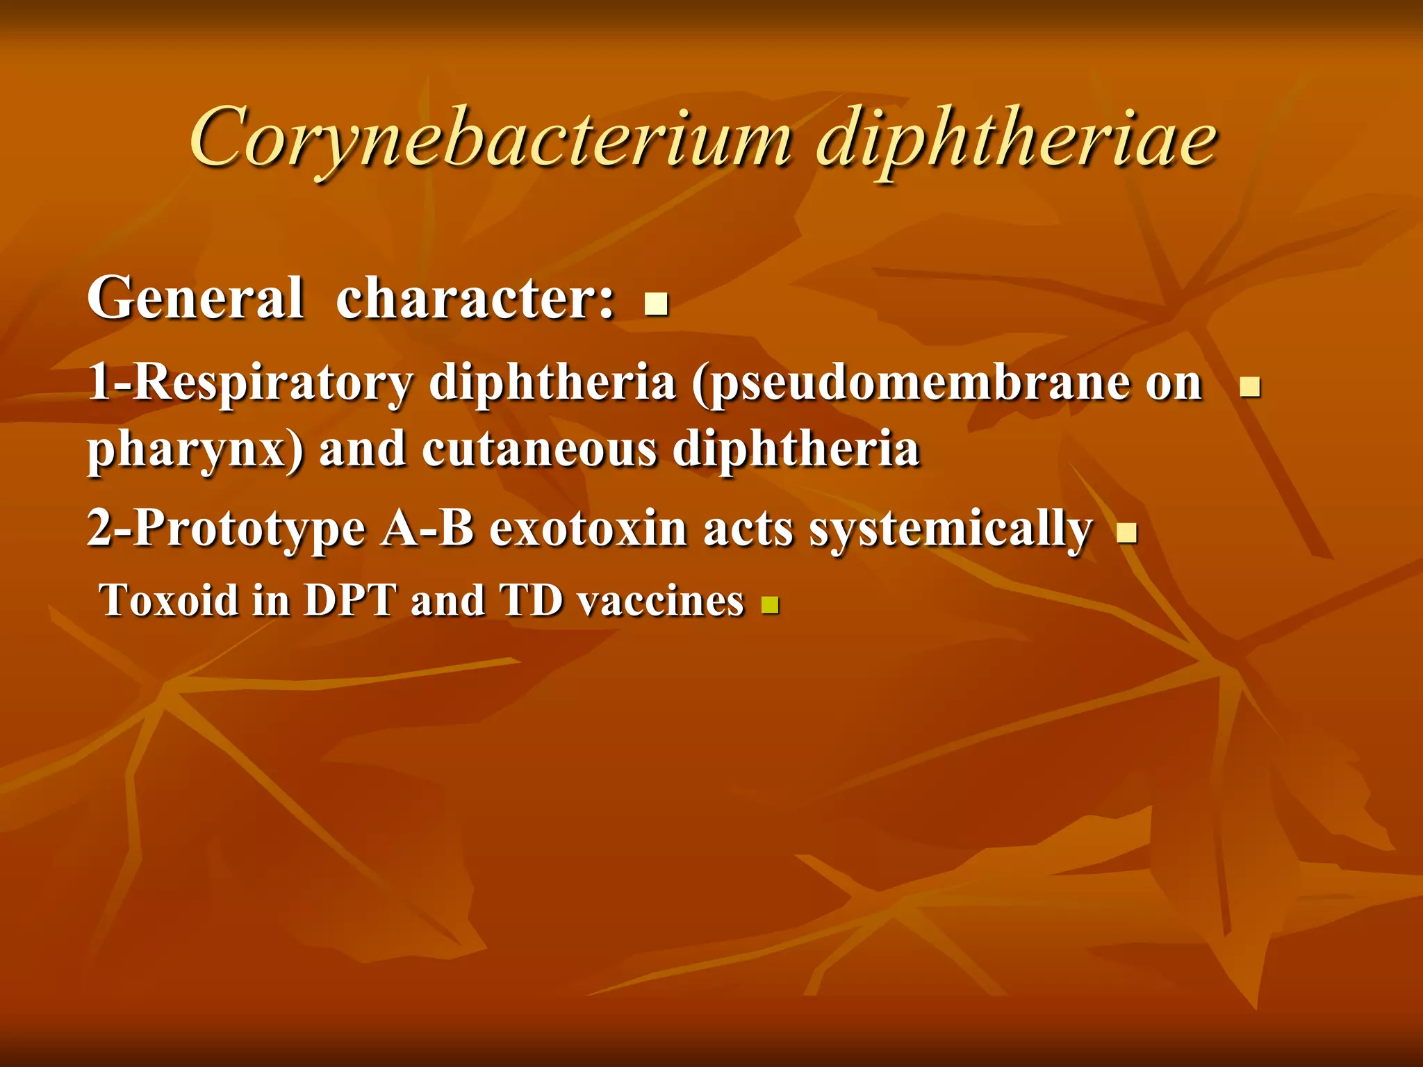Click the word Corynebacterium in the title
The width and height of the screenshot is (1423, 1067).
pyautogui.click(x=489, y=139)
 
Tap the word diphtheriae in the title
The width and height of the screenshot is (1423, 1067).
pyautogui.click(x=1016, y=139)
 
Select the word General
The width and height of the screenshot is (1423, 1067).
pyautogui.click(x=195, y=298)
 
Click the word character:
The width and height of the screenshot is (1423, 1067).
pyautogui.click(x=475, y=298)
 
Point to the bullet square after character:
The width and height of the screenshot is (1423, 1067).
pyautogui.click(x=656, y=304)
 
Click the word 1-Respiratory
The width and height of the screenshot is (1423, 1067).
pyautogui.click(x=249, y=383)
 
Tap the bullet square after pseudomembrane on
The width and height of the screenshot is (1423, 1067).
pyautogui.click(x=1250, y=386)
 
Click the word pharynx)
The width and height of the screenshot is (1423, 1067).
pyautogui.click(x=195, y=450)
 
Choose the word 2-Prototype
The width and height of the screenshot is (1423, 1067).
pyautogui.click(x=226, y=529)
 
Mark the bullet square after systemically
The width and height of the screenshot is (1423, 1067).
pyautogui.click(x=1126, y=533)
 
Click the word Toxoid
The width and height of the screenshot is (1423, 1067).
pyautogui.click(x=170, y=600)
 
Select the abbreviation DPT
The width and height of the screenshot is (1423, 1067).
pyautogui.click(x=350, y=600)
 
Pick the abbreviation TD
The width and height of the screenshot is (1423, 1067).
pyautogui.click(x=531, y=600)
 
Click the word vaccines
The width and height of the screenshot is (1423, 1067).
pyautogui.click(x=661, y=602)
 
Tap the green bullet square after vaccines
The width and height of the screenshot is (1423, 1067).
pyautogui.click(x=770, y=606)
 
